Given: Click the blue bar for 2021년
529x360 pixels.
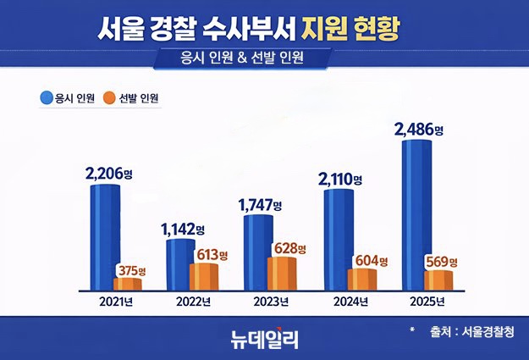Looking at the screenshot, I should pyautogui.click(x=105, y=238).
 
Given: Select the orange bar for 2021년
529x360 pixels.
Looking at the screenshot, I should pyautogui.click(x=128, y=284).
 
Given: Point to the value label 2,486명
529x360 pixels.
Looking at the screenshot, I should pyautogui.click(x=419, y=130).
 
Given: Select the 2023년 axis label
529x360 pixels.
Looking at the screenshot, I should pyautogui.click(x=269, y=302).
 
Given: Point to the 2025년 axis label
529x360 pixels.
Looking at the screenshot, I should pyautogui.click(x=423, y=302).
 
